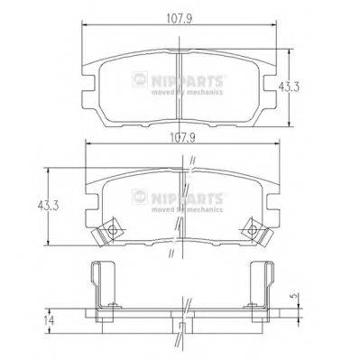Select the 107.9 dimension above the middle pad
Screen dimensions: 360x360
(x=179, y=139)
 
